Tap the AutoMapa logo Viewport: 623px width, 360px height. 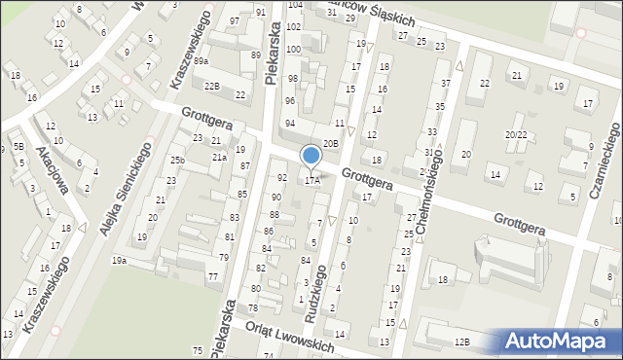[562, 342]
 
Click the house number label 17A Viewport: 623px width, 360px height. [312, 180]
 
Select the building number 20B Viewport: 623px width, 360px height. [331, 143]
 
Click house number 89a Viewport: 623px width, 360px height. [201, 61]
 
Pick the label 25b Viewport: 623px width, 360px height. [177, 160]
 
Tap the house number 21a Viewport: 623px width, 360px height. [220, 157]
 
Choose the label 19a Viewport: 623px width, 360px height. [119, 260]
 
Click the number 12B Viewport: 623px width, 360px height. [461, 342]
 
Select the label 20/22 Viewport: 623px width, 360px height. [516, 134]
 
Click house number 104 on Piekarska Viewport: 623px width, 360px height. [294, 5]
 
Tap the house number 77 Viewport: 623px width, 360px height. [212, 277]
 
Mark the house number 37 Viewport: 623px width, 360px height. [445, 84]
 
